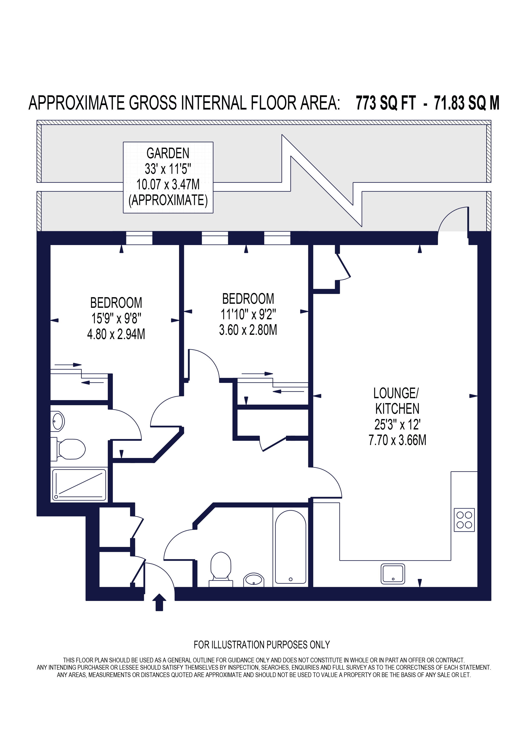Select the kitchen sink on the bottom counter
(393, 574)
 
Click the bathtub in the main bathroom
(290, 547)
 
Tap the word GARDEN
(168, 153)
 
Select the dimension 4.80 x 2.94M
(116, 334)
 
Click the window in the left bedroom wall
(139, 238)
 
